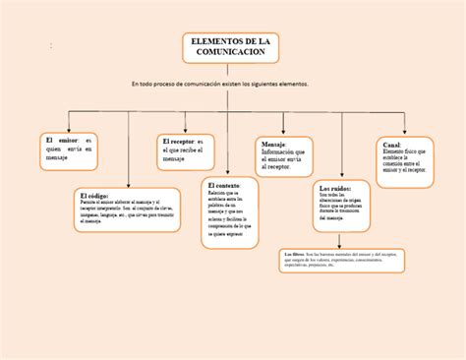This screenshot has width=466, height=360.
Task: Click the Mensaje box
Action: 285,156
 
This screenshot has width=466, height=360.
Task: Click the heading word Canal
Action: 391,145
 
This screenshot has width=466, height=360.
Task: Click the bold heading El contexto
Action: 224,185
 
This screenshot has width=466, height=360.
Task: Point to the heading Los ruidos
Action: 335,187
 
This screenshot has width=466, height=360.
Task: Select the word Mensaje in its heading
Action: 272,144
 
